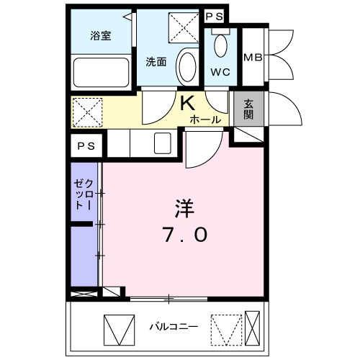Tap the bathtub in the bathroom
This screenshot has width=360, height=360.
click(101, 71)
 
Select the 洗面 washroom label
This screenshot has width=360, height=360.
click(156, 61)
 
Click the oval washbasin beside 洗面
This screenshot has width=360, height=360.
click(186, 66)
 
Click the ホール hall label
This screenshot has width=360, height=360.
click(206, 120)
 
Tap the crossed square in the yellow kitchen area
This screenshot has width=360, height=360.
click(88, 112)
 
